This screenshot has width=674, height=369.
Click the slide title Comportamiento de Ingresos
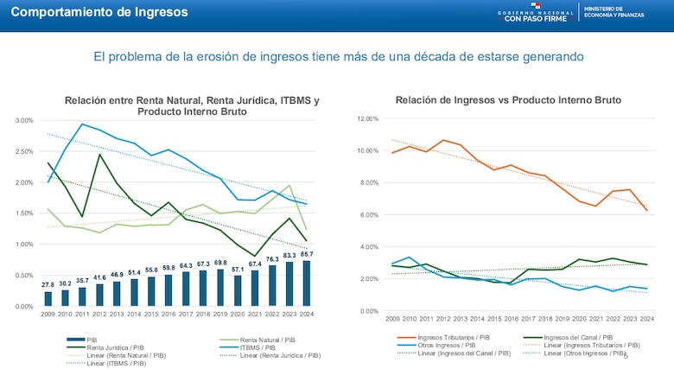click(99, 12)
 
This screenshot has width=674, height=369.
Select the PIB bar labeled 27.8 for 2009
click(48, 298)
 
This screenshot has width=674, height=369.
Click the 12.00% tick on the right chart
click(366, 118)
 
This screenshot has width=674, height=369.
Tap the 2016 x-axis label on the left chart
click(168, 315)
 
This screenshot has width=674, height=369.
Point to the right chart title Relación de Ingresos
click(508, 100)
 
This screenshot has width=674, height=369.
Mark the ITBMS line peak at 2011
click(83, 124)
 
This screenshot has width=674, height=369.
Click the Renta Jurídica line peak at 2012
click(100, 155)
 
